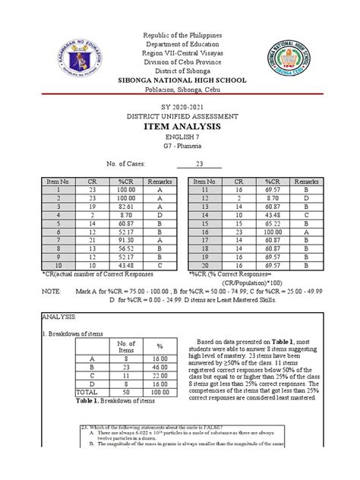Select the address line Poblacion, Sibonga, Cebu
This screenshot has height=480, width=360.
[179, 88]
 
